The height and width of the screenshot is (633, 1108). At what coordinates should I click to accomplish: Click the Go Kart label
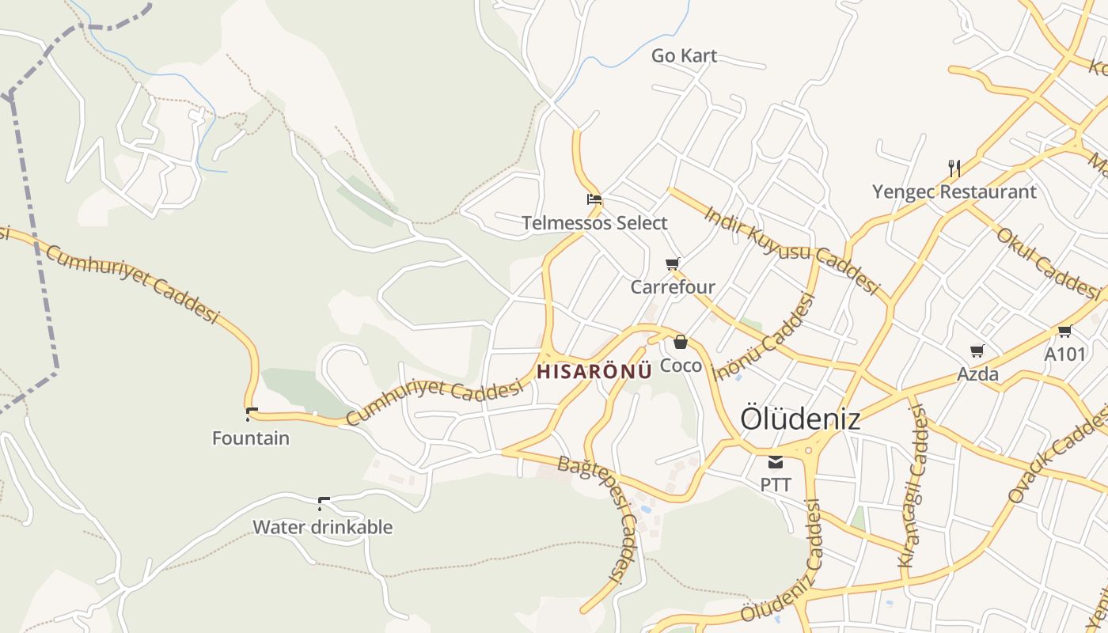tap(684, 55)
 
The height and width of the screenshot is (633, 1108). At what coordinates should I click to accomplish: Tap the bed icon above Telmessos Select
tap(594, 199)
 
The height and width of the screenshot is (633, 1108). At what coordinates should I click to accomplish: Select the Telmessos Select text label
tap(594, 223)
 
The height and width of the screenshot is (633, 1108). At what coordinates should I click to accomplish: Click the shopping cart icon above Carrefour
tap(673, 263)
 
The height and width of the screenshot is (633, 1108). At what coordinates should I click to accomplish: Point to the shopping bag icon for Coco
tap(681, 343)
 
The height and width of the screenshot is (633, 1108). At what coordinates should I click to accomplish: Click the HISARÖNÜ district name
tap(594, 370)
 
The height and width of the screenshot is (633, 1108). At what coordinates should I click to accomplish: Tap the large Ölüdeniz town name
tap(799, 419)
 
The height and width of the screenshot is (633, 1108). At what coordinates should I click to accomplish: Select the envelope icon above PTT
tap(776, 462)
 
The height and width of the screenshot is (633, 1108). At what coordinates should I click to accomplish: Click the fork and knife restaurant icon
tap(954, 168)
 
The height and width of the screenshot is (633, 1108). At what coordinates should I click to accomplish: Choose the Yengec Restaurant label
tap(954, 191)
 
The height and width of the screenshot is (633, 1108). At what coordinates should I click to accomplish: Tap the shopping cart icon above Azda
tap(977, 351)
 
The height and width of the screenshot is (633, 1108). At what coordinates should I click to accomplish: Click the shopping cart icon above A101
tap(1064, 331)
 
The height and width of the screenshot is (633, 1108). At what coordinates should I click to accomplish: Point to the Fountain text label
tap(250, 438)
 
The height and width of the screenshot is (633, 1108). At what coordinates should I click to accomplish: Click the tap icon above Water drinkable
tap(323, 503)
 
